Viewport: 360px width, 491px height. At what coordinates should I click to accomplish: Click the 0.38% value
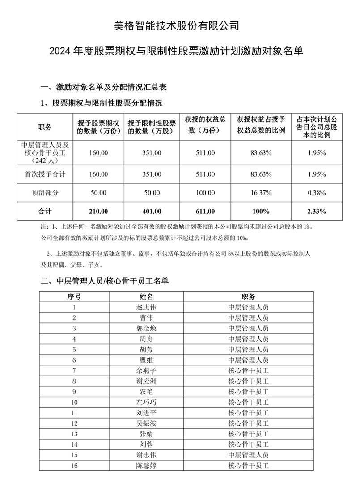(317, 193)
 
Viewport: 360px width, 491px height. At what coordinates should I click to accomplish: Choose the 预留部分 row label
(45, 193)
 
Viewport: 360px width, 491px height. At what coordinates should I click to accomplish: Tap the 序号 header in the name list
(74, 296)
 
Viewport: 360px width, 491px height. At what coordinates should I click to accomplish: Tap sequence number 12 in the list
(74, 423)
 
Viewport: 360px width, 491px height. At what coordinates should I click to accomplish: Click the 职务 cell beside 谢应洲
(248, 381)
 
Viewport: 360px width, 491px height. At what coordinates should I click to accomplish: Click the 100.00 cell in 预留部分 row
(205, 193)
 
